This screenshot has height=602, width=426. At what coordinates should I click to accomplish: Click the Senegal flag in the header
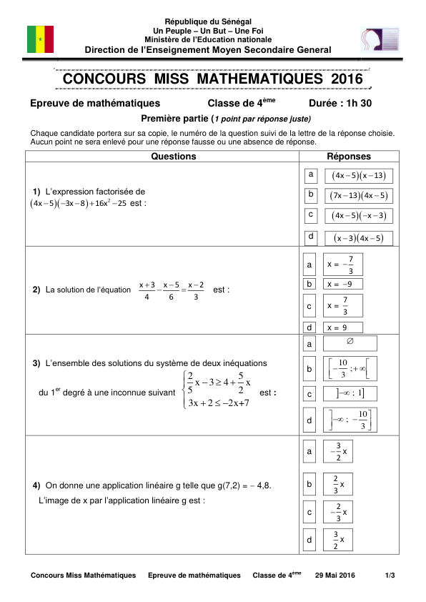[40, 39]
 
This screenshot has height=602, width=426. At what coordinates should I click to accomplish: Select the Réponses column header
[349, 157]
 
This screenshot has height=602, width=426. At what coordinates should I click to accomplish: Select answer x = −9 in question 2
[343, 284]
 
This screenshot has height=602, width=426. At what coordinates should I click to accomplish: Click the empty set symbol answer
[350, 343]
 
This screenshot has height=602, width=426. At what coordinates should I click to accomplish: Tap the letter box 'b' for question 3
[309, 370]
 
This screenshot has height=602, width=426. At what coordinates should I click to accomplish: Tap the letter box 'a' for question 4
[309, 452]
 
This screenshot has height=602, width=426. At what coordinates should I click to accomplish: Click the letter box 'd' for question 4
[309, 540]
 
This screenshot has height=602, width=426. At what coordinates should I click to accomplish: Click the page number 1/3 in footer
[390, 576]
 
